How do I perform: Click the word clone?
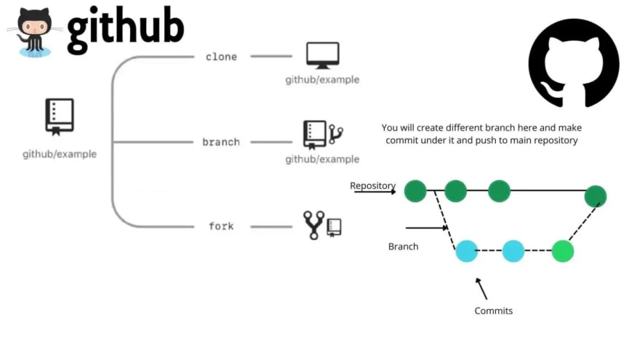[221, 57]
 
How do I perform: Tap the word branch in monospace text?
[221, 142]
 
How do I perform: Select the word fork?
[221, 226]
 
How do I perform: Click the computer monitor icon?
[322, 55]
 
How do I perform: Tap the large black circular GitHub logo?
[574, 63]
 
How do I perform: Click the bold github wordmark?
[126, 28]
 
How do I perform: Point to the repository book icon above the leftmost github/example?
[60, 117]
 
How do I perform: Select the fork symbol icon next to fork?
[313, 225]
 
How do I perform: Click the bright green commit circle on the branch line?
[562, 251]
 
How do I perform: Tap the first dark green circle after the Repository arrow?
[415, 191]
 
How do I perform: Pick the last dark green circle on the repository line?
[595, 196]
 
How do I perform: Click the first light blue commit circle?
[466, 251]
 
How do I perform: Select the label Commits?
[494, 311]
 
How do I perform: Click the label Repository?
[372, 185]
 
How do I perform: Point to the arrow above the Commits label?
[481, 289]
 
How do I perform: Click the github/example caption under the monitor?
[322, 79]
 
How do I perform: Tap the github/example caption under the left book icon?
[60, 154]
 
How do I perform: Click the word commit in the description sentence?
[399, 140]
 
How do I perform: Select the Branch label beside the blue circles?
[403, 247]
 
